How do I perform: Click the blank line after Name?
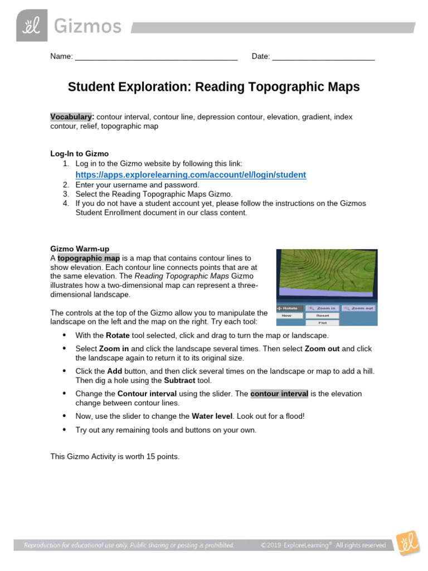point(156,57)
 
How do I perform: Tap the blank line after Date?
point(323,57)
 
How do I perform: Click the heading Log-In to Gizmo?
point(80,153)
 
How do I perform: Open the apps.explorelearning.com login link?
point(191,175)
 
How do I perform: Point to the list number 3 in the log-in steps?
point(66,194)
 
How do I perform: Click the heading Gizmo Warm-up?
point(80,249)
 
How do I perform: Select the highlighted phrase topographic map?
point(89,258)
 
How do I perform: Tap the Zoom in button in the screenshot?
point(322,308)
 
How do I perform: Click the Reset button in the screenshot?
point(322,316)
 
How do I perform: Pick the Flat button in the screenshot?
point(322,322)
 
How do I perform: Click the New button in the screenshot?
point(287,316)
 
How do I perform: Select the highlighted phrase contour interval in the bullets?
point(279,394)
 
